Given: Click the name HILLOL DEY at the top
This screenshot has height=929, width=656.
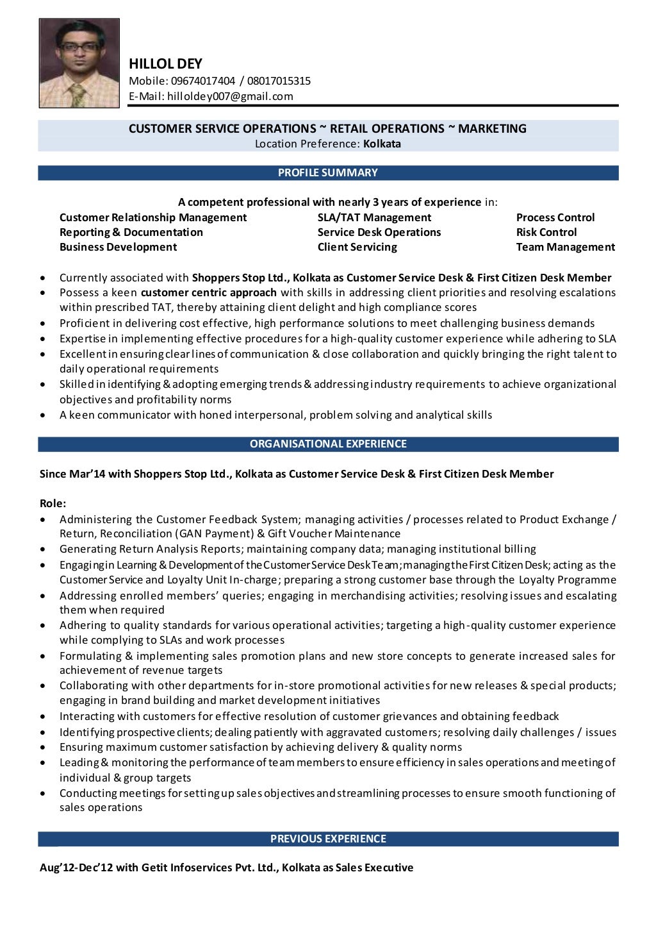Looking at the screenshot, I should click(x=165, y=63).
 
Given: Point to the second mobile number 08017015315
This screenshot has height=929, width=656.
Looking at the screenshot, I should click(x=279, y=81).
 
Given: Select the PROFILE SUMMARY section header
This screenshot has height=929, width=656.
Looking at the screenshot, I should click(x=327, y=172).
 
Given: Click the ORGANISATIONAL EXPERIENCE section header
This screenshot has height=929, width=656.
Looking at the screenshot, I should click(x=327, y=444).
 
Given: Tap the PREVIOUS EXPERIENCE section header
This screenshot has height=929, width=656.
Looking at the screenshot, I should click(x=327, y=838).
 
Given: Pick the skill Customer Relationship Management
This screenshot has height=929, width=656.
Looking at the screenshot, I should click(x=153, y=217).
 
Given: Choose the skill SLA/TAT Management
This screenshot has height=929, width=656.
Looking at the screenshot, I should click(x=374, y=217).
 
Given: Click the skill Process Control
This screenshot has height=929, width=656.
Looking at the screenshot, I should click(x=555, y=217).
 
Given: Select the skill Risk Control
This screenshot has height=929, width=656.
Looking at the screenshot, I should click(x=546, y=232).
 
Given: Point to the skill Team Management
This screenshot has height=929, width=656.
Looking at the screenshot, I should click(x=565, y=247).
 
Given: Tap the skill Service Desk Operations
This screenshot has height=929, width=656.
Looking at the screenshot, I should click(x=379, y=232).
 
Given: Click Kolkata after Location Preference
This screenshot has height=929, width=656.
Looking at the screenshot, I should click(x=382, y=144).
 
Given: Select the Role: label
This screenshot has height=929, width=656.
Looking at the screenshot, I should click(x=53, y=503).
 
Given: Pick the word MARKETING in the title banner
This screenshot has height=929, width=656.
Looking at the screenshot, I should click(x=493, y=128).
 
